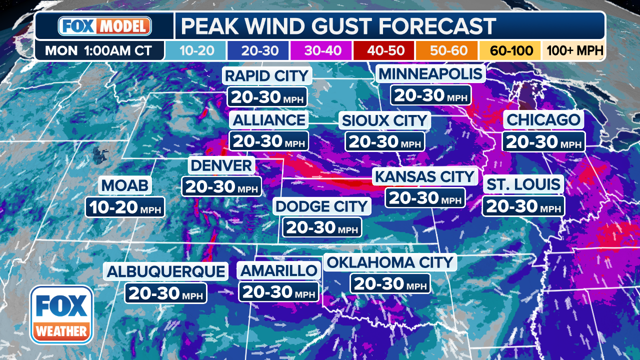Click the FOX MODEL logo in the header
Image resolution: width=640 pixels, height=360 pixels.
click(104, 26)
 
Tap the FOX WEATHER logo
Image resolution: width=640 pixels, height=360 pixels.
click(61, 315)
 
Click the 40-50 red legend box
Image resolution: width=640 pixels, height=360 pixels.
click(383, 50)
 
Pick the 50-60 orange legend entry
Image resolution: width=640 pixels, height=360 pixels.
click(446, 50)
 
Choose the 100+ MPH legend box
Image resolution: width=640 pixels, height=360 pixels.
click(574, 50)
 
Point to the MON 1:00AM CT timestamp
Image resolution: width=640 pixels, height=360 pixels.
click(99, 50)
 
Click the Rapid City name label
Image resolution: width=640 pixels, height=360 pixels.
click(267, 76)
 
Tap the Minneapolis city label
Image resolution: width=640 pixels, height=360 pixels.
click(430, 74)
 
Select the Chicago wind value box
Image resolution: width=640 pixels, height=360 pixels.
click(543, 141)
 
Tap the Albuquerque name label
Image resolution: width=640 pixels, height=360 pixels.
click(166, 271)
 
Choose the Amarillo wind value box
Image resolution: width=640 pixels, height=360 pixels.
click(278, 291)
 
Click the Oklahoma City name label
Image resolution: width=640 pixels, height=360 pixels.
click(389, 262)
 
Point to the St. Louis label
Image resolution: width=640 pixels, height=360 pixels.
click(523, 184)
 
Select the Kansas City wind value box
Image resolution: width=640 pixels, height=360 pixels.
click(425, 197)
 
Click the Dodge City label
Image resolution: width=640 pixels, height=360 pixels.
click(322, 206)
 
